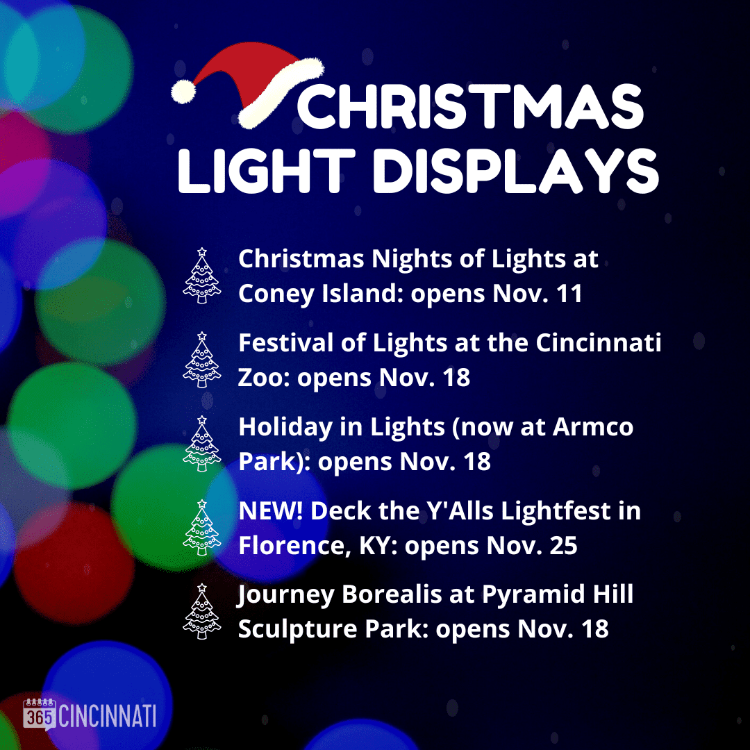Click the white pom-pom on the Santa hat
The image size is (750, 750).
[183, 92]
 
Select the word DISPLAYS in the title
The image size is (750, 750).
[515, 172]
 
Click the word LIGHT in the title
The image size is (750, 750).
[266, 171]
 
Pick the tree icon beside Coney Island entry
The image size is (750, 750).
[202, 276]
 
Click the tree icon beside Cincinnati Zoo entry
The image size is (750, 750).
[202, 360]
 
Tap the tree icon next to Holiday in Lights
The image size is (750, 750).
[202, 443]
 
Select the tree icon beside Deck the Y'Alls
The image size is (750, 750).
[202, 528]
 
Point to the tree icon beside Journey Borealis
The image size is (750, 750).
[202, 611]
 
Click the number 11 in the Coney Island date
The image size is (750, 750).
[569, 293]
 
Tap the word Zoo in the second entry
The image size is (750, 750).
[262, 377]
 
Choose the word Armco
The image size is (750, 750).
[593, 426]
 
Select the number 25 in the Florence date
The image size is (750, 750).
[563, 545]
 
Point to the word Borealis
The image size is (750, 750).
[392, 594]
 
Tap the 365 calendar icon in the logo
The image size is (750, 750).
[40, 715]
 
